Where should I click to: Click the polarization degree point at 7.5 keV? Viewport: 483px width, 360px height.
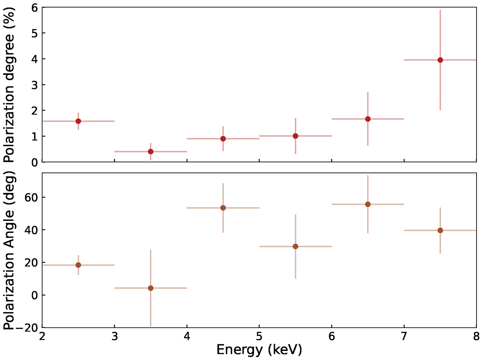(x=440, y=60)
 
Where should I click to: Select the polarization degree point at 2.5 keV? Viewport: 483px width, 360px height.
(x=78, y=121)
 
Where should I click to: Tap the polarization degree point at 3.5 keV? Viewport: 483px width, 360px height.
(x=151, y=152)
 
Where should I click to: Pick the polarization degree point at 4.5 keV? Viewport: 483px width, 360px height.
(x=223, y=139)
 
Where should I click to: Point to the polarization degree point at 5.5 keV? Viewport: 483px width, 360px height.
(x=295, y=136)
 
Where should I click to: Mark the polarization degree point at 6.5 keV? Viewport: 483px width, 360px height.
(x=367, y=119)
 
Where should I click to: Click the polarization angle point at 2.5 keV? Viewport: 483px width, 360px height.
(x=78, y=265)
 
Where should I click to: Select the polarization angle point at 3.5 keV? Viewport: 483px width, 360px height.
(x=151, y=288)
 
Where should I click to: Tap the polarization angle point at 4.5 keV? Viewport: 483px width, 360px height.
(x=223, y=208)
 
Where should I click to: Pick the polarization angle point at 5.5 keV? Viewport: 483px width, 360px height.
(x=295, y=247)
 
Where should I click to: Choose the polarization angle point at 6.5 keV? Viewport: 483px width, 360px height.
(x=367, y=204)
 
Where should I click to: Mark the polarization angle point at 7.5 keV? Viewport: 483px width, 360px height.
(x=440, y=230)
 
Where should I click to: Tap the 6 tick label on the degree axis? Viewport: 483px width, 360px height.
(x=35, y=7)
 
